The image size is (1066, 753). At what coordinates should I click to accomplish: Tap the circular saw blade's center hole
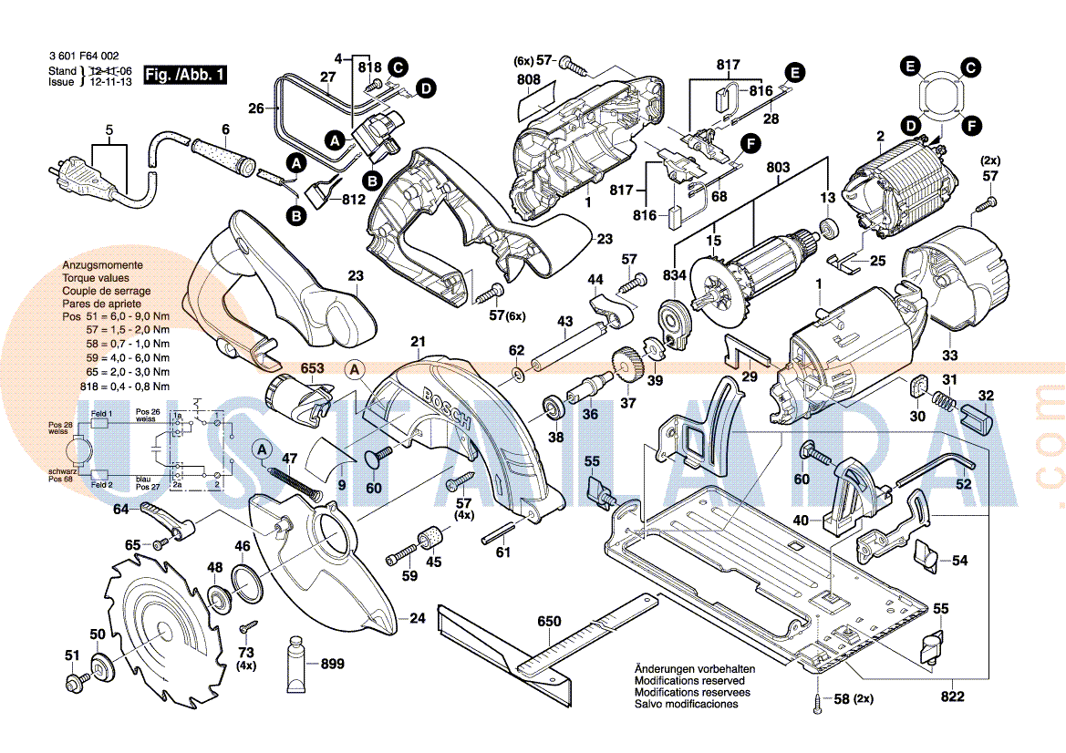click(160, 628)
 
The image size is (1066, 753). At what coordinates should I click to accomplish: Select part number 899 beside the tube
click(332, 665)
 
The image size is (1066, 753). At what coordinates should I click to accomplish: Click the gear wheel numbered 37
click(627, 368)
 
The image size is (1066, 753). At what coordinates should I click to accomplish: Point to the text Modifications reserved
click(689, 681)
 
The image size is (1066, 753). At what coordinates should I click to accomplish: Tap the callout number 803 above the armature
click(778, 168)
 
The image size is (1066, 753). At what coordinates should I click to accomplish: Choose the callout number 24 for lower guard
click(417, 619)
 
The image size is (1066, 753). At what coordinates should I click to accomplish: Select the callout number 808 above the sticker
click(529, 80)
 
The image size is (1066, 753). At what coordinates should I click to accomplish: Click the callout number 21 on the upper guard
click(418, 343)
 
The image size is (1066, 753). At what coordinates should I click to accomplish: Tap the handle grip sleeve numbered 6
click(222, 154)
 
